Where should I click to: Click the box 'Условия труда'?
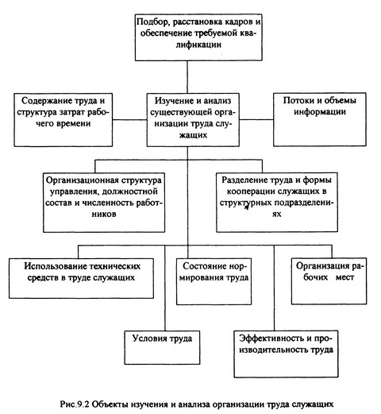click(162, 347)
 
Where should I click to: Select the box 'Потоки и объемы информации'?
click(320, 119)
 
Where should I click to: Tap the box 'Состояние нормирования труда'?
click(214, 281)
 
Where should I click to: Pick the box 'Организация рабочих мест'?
click(329, 281)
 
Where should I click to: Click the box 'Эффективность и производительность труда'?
click(286, 354)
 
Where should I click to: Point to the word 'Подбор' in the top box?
click(152, 22)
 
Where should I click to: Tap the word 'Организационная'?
click(82, 180)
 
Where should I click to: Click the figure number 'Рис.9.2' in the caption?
click(75, 404)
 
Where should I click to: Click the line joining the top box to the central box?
click(187, 77)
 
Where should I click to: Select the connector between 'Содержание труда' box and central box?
click(129, 120)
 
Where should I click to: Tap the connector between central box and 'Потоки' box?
click(256, 119)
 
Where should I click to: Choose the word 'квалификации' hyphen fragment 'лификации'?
click(198, 44)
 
